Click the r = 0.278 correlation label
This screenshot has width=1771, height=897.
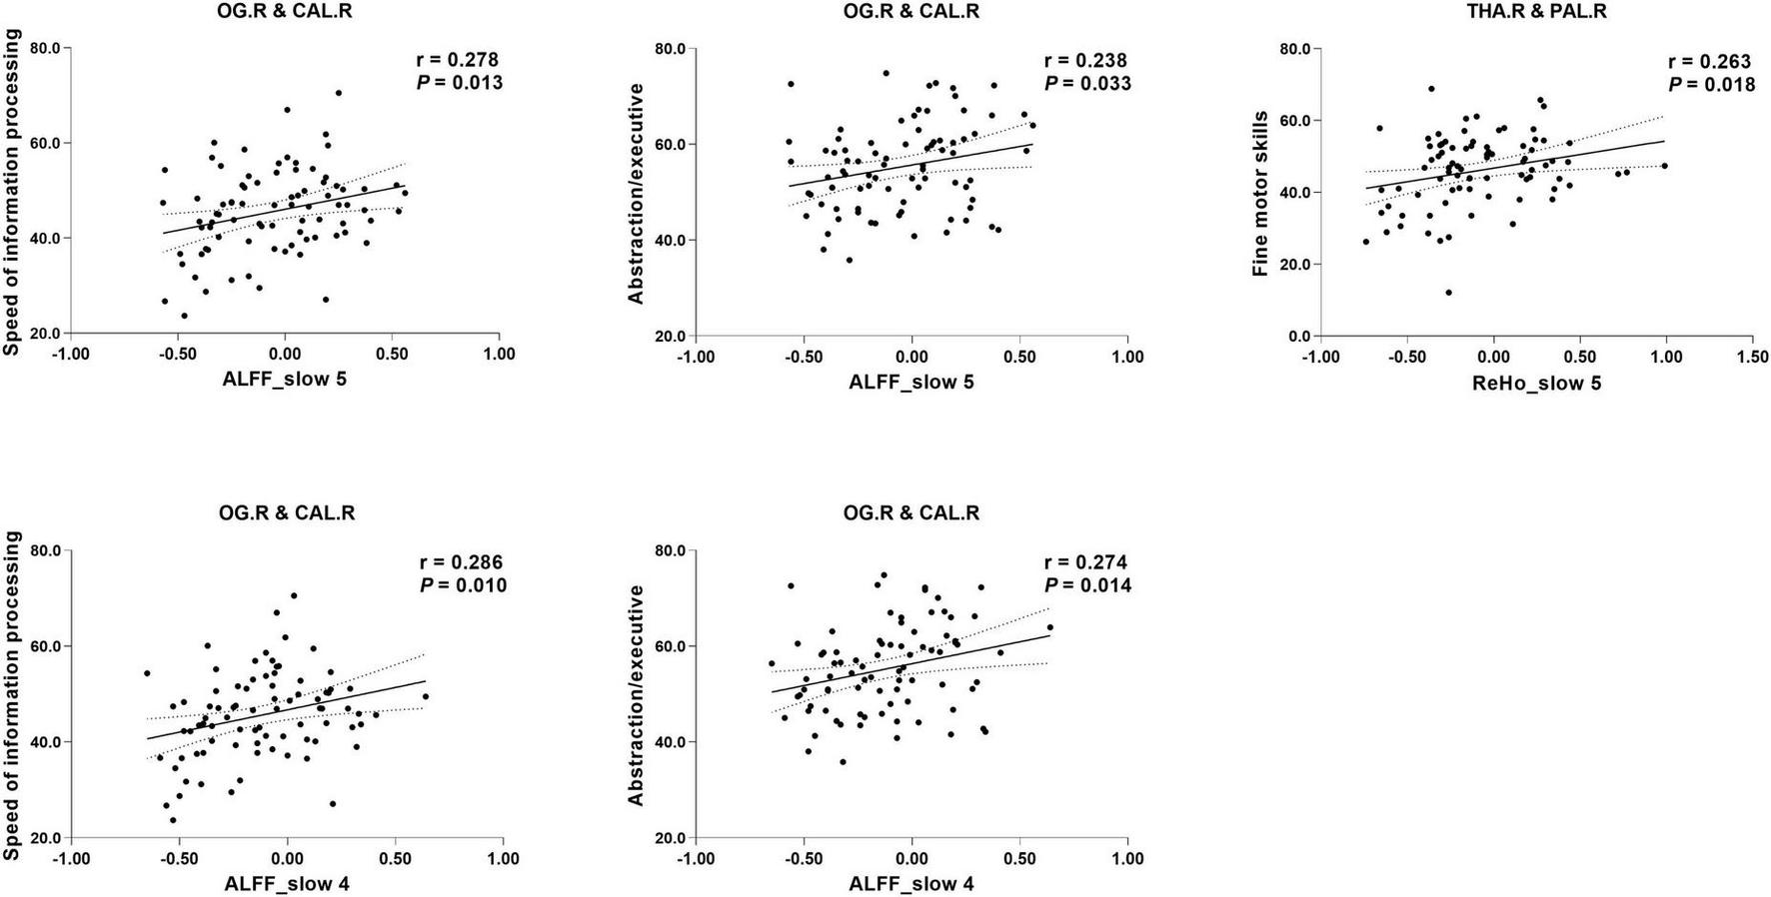tap(459, 61)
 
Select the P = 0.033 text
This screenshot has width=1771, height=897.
tap(1087, 84)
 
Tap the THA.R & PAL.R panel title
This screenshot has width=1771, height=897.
tap(1538, 12)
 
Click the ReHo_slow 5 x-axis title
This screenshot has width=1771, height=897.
tap(1536, 383)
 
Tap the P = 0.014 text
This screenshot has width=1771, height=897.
tap(1087, 585)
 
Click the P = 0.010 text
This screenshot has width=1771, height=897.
tap(462, 585)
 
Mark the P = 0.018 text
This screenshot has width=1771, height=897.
tap(1711, 85)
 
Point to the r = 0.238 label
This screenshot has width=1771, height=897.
tap(1085, 61)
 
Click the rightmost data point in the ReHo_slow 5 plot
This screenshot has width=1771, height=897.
tap(1664, 166)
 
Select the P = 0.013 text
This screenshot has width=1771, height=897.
tap(459, 83)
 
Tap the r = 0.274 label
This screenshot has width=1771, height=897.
tap(1085, 562)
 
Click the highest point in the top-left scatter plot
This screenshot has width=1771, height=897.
tap(338, 93)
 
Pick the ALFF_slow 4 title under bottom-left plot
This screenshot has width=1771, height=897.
tap(286, 884)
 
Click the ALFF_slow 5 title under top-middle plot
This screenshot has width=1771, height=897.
tap(910, 383)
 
